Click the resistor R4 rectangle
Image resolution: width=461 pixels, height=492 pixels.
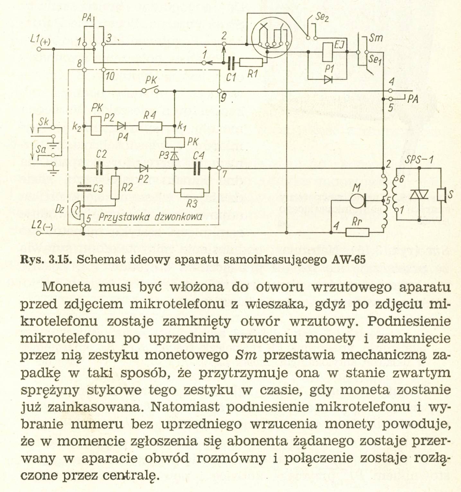(x=150, y=126)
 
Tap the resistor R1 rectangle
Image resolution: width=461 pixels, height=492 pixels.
(x=251, y=63)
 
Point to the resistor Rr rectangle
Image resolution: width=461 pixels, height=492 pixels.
(x=357, y=232)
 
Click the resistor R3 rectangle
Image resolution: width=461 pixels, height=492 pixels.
(x=192, y=193)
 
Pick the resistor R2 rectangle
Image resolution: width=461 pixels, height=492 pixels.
(x=115, y=187)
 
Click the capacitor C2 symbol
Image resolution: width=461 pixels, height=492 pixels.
(x=100, y=168)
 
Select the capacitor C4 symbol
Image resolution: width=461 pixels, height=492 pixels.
(x=199, y=168)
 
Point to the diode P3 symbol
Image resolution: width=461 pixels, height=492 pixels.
(x=174, y=156)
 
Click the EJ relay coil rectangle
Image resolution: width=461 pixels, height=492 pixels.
(x=328, y=52)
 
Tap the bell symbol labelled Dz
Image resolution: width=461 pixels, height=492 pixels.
(x=75, y=211)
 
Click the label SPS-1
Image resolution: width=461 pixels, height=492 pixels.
(x=419, y=159)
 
